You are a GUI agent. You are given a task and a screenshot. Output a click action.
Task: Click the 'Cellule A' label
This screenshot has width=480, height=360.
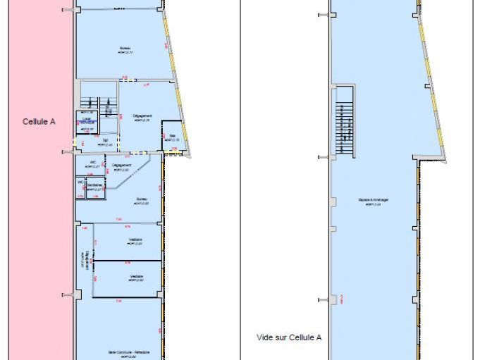[x=39, y=121]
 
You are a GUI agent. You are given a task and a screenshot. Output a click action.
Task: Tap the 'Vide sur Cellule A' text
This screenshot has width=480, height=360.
[x=289, y=337]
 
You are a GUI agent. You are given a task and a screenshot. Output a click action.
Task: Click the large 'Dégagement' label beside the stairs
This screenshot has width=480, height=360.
[x=143, y=117]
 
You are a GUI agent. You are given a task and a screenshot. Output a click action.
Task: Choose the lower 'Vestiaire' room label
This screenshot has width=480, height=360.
[x=137, y=277]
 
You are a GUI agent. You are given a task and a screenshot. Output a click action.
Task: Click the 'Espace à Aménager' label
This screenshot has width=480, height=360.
[x=374, y=200]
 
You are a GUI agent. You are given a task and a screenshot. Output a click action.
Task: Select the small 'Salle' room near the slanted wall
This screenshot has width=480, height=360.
[x=172, y=138]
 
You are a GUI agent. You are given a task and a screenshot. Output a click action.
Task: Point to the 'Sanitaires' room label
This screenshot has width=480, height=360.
[x=95, y=185]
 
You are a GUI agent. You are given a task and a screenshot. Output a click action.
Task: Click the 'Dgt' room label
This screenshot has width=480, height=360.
[x=105, y=142]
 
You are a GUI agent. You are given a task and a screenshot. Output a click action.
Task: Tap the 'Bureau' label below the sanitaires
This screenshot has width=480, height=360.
[x=141, y=200]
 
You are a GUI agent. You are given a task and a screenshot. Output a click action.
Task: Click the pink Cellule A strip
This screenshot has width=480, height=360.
[x=39, y=211]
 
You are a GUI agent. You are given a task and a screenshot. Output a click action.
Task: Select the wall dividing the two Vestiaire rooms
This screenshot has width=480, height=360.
[x=127, y=261]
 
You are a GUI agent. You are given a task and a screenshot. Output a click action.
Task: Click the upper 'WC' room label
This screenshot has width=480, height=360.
[x=92, y=163]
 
